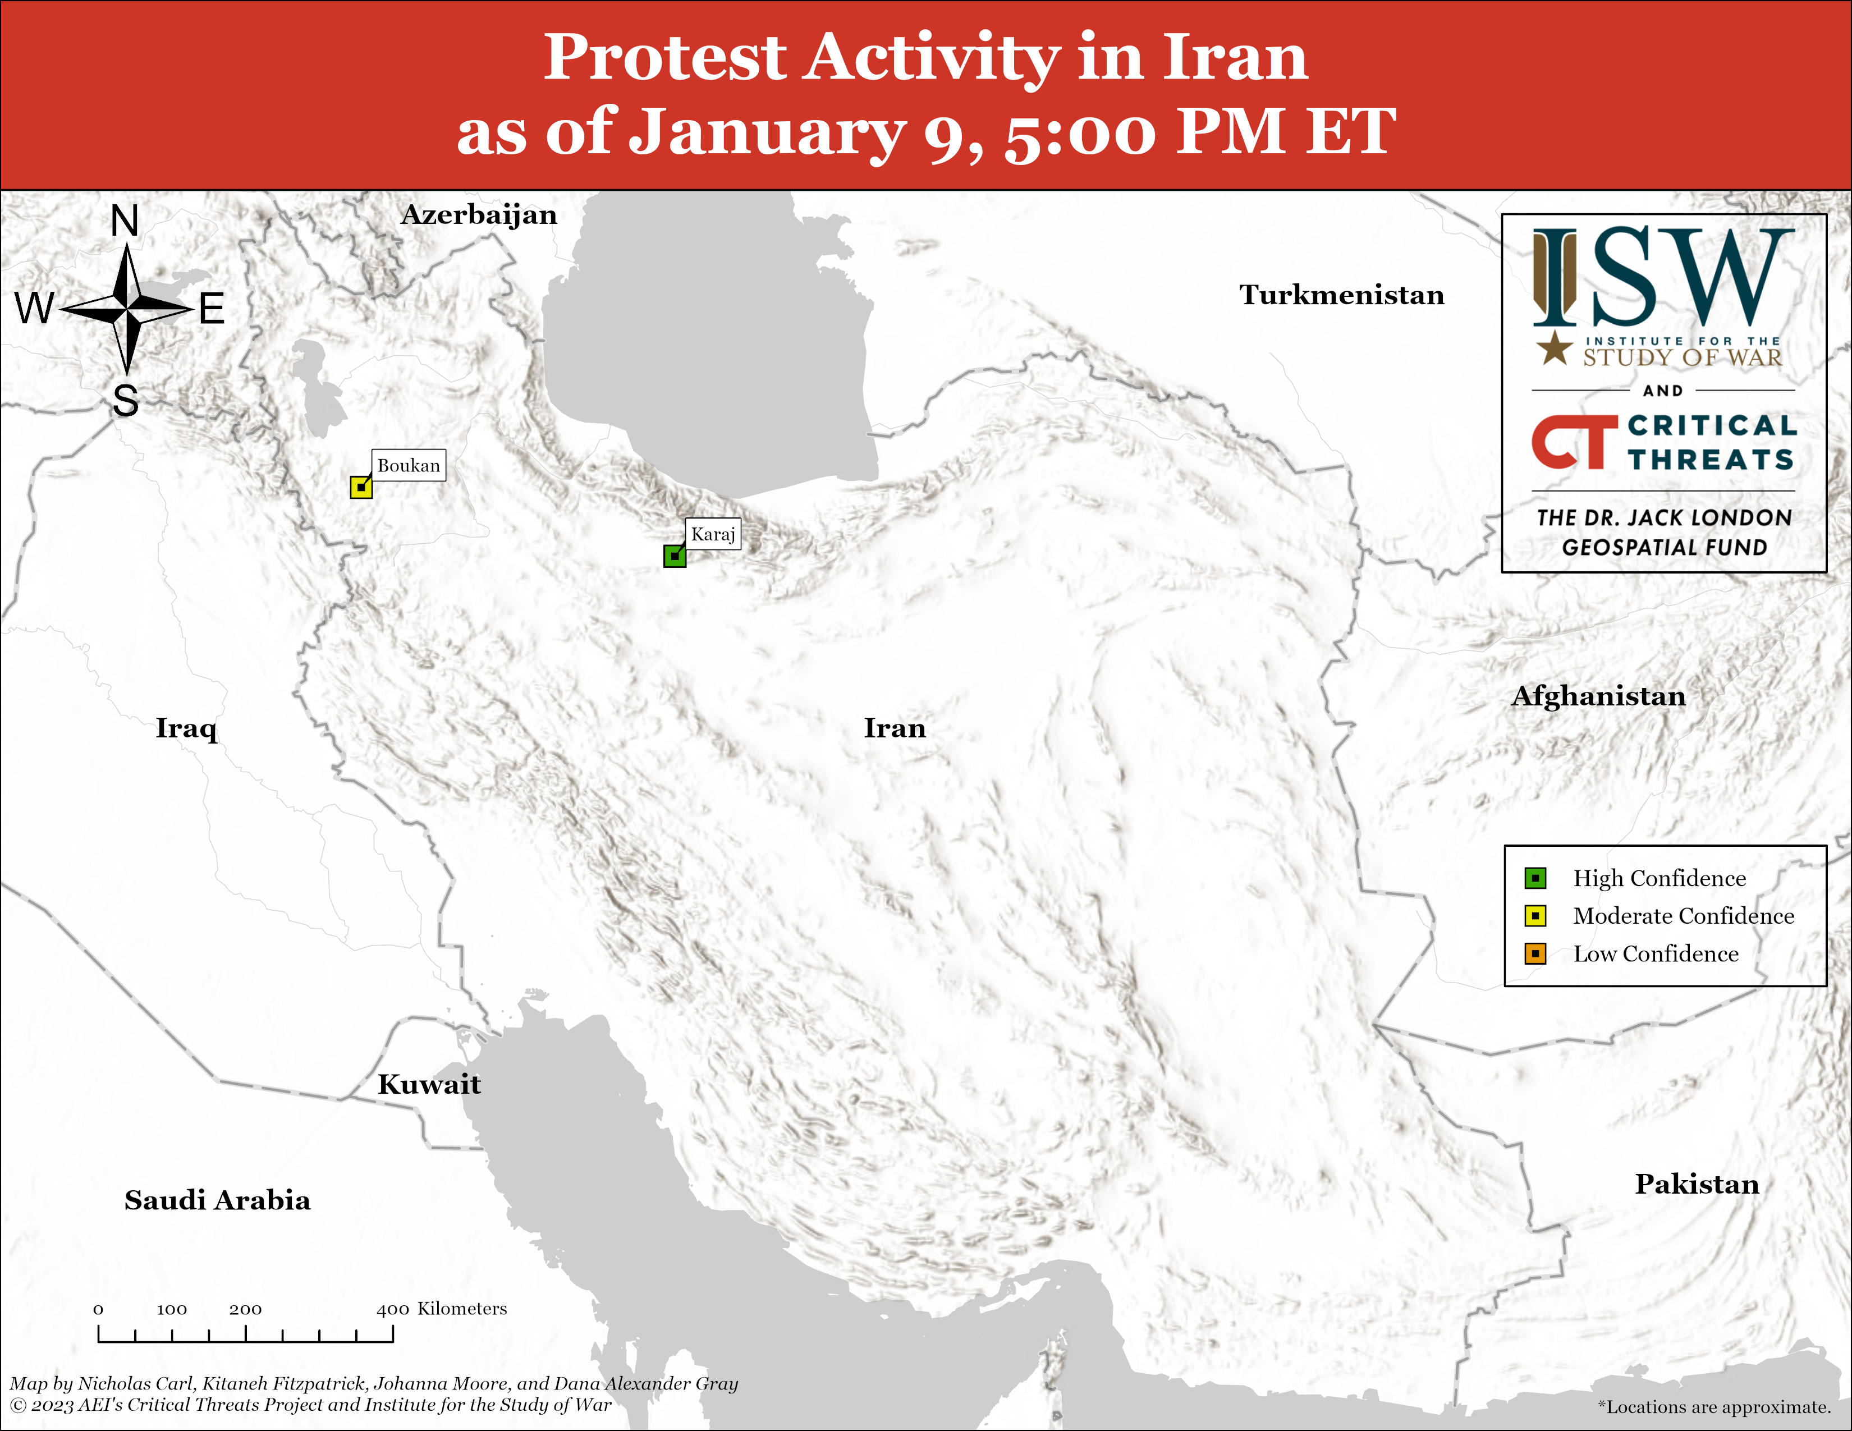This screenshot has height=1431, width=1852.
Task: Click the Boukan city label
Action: coord(409,465)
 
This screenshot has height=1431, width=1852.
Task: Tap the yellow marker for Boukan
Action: coord(361,488)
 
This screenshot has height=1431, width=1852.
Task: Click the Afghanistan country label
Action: coord(1598,695)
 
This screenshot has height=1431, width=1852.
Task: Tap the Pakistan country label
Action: coord(1697,1184)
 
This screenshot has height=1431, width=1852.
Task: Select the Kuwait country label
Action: coord(429,1084)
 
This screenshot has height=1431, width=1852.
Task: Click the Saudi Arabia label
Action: coord(217,1200)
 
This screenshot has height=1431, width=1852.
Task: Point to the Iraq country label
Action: coord(186,728)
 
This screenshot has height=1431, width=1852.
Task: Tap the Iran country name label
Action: coord(895,727)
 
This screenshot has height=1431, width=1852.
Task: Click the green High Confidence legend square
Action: coord(1535,878)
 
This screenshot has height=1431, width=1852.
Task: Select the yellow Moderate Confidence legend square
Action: coord(1535,916)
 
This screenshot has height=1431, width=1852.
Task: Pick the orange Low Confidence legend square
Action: coord(1535,953)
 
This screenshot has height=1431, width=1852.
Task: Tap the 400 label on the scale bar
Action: coord(393,1309)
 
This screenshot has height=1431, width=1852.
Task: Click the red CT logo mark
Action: coord(1574,442)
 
